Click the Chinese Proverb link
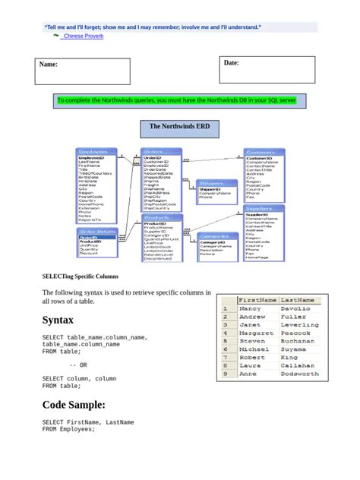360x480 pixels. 83,36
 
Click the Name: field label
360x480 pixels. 49,65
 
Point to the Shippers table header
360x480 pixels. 212,183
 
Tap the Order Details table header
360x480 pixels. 97,231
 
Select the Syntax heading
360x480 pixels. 58,321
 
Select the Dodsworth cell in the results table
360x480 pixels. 299,374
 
